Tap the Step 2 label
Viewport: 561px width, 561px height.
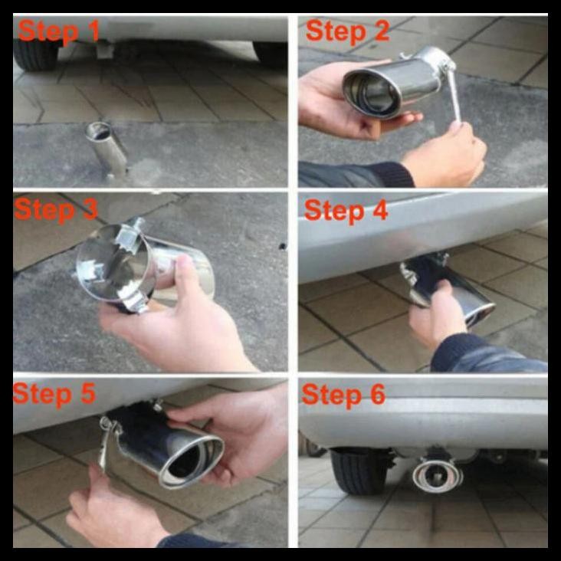[347, 31]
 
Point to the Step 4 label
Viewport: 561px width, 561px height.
[347, 210]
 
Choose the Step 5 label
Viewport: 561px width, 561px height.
[54, 394]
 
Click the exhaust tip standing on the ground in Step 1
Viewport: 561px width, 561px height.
[107, 149]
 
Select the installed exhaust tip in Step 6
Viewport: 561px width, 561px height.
[432, 476]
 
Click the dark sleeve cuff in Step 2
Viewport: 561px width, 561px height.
[353, 175]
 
